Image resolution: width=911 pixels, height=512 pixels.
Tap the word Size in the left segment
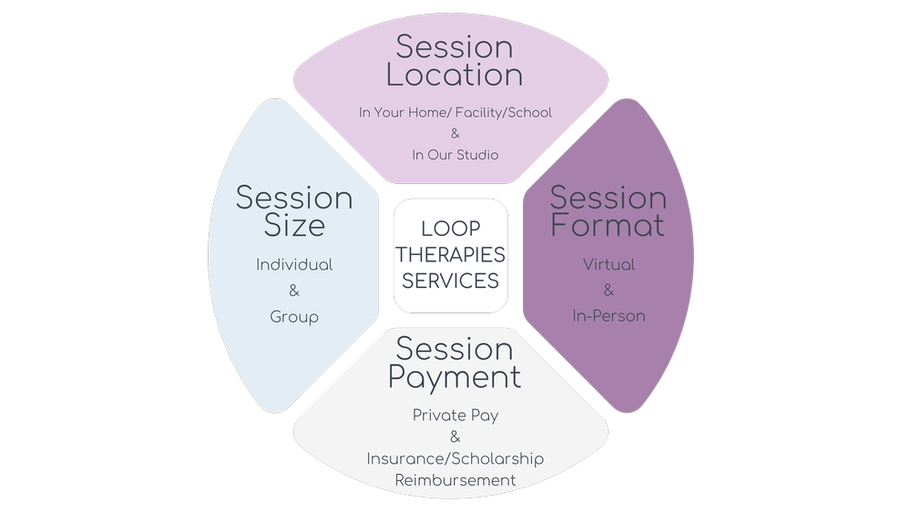(x=293, y=225)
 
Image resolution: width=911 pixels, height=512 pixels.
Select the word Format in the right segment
(x=608, y=225)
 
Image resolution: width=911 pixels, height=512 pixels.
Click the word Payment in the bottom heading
(x=455, y=376)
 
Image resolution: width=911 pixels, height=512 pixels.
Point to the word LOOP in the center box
(x=450, y=230)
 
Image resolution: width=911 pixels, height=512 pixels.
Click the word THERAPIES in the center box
(x=450, y=255)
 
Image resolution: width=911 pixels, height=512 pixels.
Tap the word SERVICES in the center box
(x=450, y=281)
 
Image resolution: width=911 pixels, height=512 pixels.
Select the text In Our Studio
(x=455, y=155)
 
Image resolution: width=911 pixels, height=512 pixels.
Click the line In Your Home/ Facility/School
(x=455, y=113)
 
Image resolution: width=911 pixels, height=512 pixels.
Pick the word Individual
(x=293, y=265)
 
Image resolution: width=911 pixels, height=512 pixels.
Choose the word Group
(x=293, y=317)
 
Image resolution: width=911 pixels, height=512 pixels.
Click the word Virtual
(x=609, y=265)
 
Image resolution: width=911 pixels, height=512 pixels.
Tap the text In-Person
(x=609, y=316)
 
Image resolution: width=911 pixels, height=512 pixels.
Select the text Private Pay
(x=455, y=415)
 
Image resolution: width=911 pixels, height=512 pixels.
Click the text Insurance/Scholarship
(x=455, y=458)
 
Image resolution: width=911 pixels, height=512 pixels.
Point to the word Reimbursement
(x=455, y=479)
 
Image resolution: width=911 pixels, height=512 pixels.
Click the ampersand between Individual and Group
(x=293, y=292)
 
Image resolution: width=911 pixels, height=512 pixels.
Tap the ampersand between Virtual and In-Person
(x=609, y=291)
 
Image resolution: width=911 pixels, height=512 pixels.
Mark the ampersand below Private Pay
(x=455, y=437)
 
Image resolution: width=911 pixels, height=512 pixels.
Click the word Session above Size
(x=293, y=198)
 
